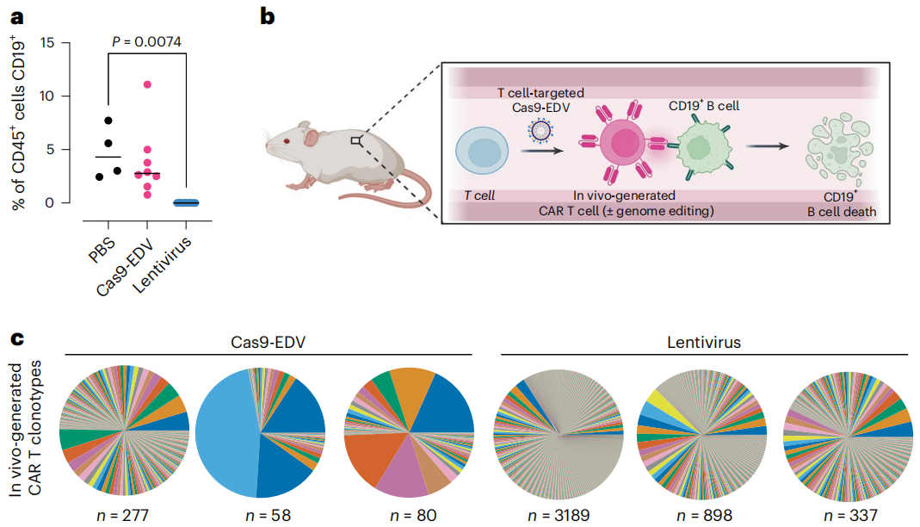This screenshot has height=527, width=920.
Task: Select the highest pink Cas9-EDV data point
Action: coord(148,84)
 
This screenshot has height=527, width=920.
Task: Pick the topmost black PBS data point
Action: coord(108,121)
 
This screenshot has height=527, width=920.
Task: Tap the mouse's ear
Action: coord(311,134)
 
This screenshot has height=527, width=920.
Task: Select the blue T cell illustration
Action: coord(484,153)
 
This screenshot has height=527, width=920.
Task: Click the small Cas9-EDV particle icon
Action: coord(540,129)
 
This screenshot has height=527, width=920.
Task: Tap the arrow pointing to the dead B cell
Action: coord(766,146)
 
